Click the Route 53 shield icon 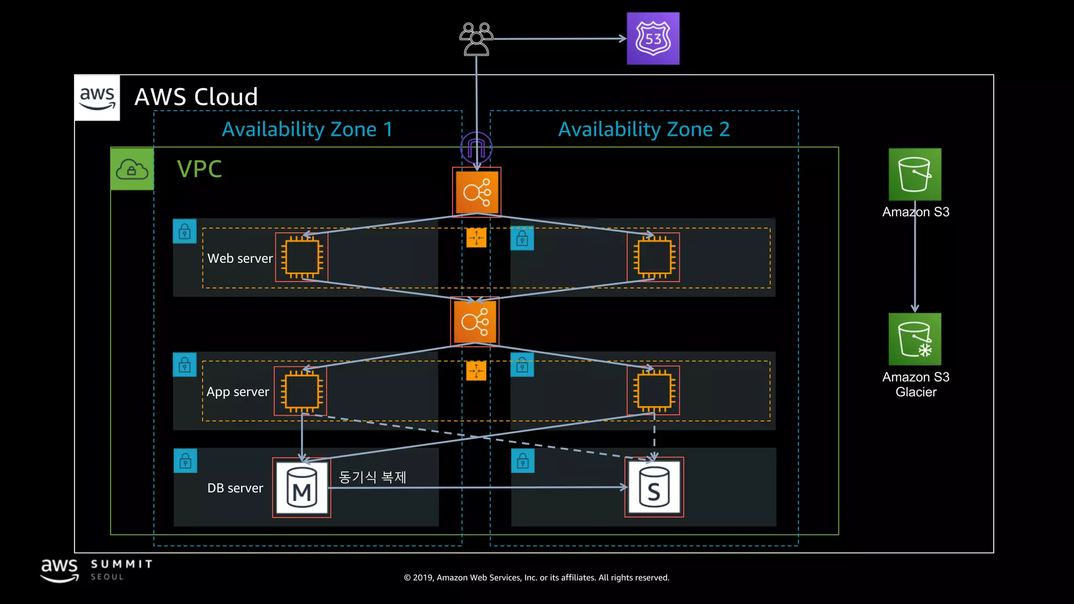(x=653, y=39)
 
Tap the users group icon (x=476, y=39)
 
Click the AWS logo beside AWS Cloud (x=97, y=98)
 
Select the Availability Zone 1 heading (x=307, y=130)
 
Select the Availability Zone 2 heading (x=644, y=130)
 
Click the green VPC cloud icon (x=132, y=169)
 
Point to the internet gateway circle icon (x=476, y=147)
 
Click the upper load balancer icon (x=477, y=192)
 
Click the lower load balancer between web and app (x=475, y=321)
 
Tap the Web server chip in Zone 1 (x=302, y=257)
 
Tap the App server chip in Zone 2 (x=653, y=391)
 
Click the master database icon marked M (x=302, y=488)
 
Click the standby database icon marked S (x=654, y=487)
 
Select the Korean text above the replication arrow (x=372, y=477)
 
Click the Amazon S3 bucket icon (x=915, y=175)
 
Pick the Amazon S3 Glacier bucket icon (x=915, y=339)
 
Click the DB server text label (x=235, y=488)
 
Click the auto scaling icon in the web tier (x=476, y=238)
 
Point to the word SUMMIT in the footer (x=122, y=564)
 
